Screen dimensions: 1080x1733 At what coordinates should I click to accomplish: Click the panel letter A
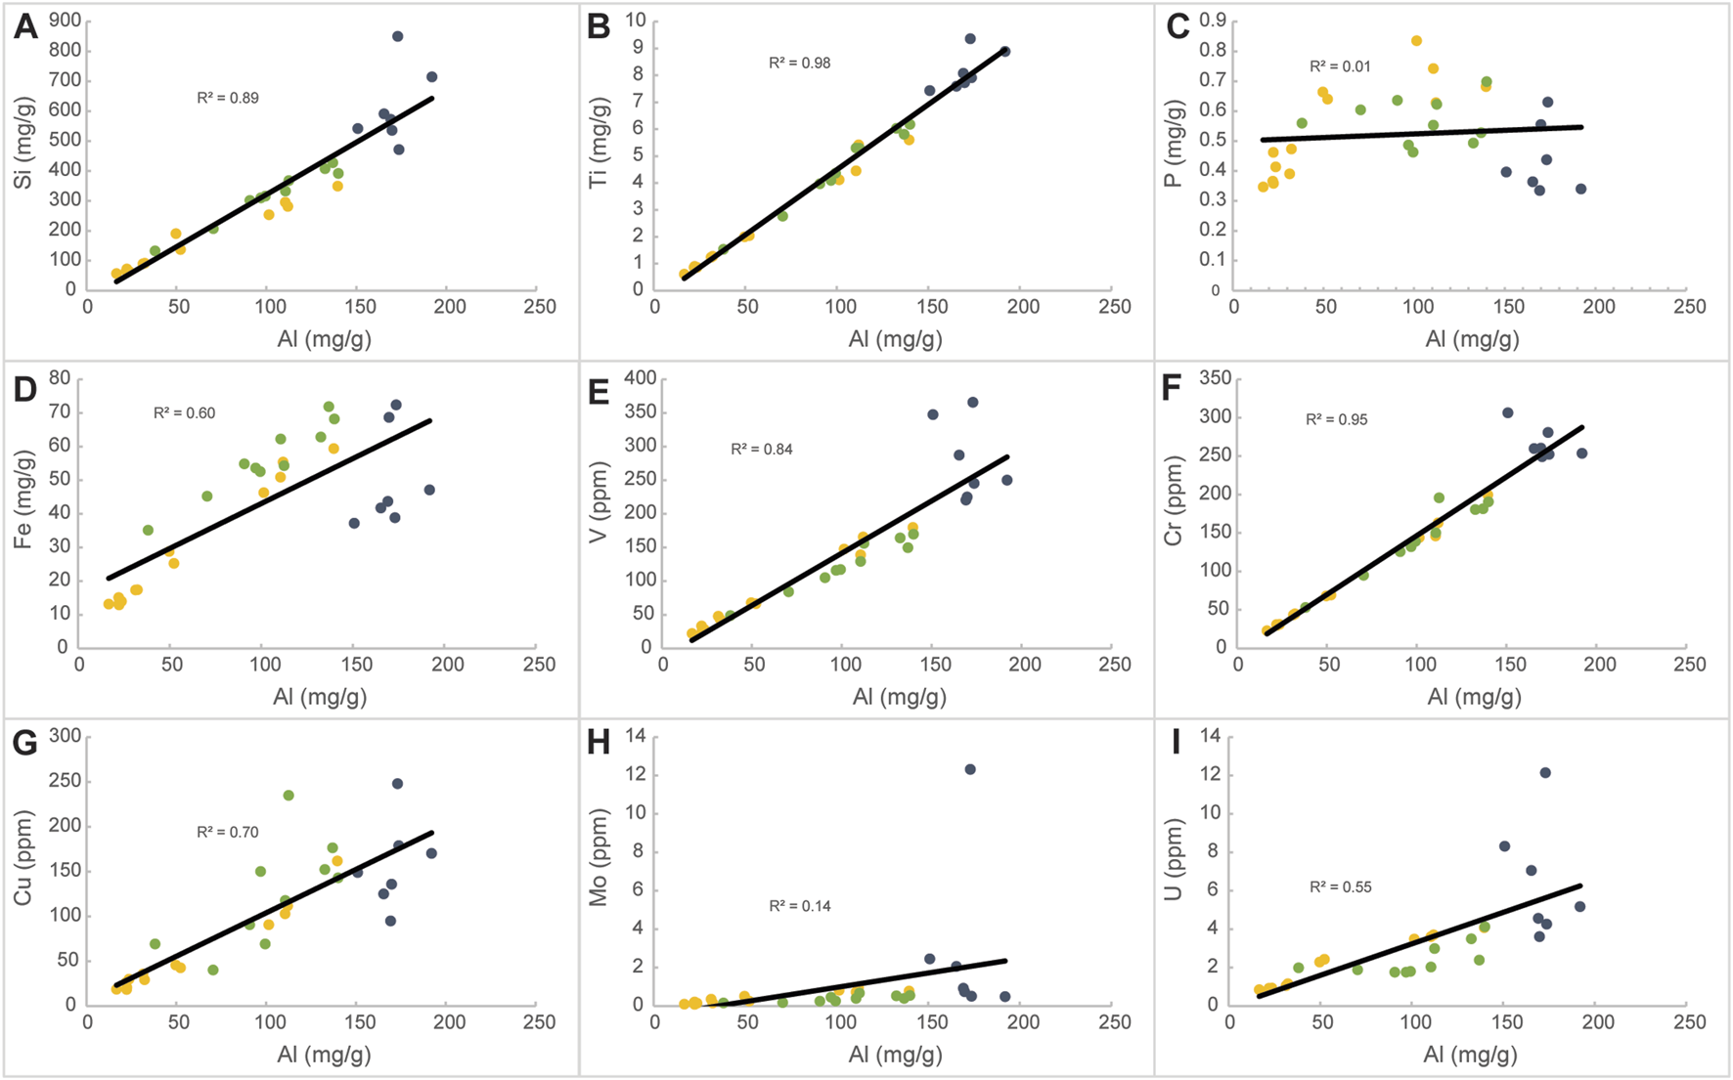[x=25, y=26]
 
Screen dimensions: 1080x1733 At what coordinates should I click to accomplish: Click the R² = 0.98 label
[x=799, y=64]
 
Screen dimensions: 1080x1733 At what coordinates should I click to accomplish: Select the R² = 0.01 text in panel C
[x=1340, y=67]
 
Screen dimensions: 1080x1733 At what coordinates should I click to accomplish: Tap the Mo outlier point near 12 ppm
[x=970, y=769]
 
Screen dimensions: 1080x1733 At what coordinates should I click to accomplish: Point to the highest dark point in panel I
[x=1545, y=773]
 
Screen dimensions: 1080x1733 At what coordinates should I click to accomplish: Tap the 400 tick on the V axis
[x=627, y=378]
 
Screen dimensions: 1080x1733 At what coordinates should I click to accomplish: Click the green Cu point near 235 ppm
[x=289, y=796]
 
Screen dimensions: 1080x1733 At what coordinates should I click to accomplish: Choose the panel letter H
[x=599, y=743]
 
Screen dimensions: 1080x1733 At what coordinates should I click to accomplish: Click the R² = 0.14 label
[x=799, y=906]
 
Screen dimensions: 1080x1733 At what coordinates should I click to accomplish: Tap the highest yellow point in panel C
[x=1416, y=41]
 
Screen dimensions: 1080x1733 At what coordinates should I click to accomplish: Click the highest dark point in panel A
[x=397, y=36]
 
